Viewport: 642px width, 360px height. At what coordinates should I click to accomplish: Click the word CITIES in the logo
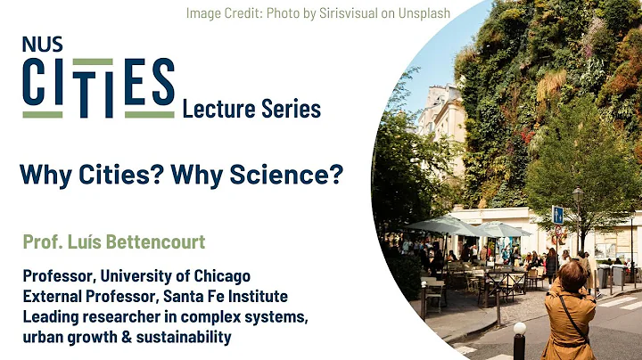[98, 86]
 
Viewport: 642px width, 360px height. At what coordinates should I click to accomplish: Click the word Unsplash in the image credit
[419, 12]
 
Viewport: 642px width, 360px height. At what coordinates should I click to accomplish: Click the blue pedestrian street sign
[557, 214]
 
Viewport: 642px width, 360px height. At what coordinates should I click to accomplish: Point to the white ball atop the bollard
[519, 328]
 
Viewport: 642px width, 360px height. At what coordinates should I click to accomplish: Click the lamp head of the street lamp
[577, 192]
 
